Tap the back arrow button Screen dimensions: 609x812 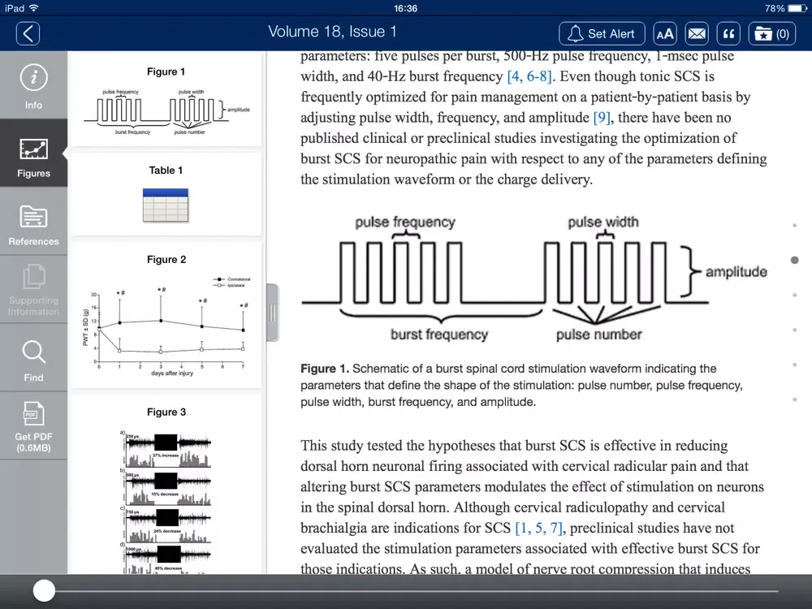(28, 33)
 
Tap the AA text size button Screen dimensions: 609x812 (665, 33)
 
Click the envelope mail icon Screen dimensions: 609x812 (697, 33)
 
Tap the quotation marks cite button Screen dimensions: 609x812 (729, 33)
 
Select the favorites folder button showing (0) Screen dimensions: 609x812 (771, 33)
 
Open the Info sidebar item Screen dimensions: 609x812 (33, 86)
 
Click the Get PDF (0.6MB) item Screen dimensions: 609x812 (33, 426)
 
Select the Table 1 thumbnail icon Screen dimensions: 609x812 (166, 205)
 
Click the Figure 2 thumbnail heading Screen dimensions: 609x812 (166, 260)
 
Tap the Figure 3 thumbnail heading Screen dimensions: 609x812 (166, 412)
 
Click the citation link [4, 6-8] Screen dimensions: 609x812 (529, 76)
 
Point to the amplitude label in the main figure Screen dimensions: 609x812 (736, 272)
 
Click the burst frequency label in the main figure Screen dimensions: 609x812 (438, 335)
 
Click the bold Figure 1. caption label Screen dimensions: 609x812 (325, 369)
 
